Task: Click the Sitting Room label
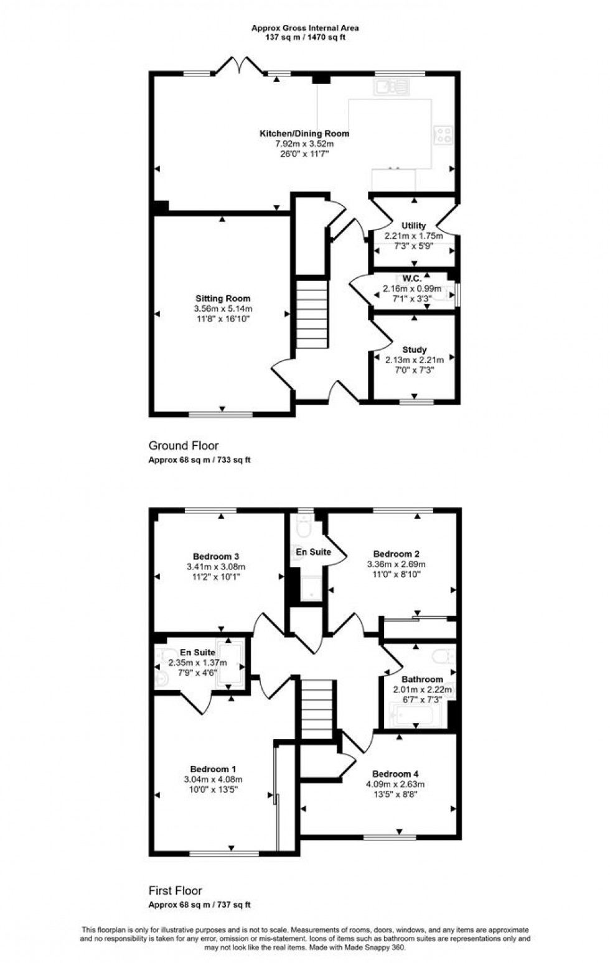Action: click(223, 298)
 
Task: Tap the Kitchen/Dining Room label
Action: click(304, 133)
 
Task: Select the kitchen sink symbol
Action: click(392, 87)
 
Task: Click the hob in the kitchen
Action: click(443, 135)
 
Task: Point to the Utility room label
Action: click(413, 225)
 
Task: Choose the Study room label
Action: click(414, 349)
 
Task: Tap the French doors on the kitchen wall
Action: click(239, 66)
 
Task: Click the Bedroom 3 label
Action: click(216, 556)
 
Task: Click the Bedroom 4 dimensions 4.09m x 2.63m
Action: click(395, 784)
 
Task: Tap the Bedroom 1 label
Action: click(213, 769)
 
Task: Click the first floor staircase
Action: click(317, 709)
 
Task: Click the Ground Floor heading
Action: click(183, 445)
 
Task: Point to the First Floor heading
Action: click(175, 890)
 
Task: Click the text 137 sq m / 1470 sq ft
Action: click(304, 37)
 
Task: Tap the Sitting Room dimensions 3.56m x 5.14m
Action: click(223, 308)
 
